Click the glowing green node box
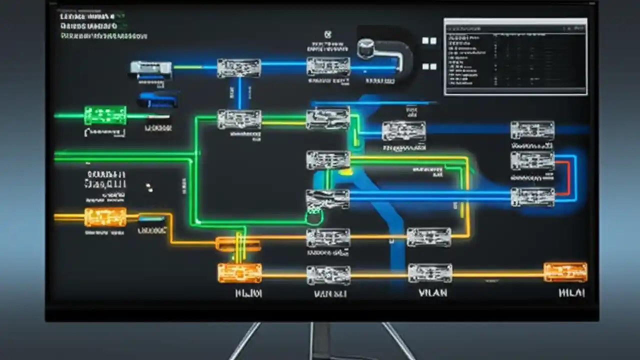tap(105, 115)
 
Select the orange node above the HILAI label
tap(565, 272)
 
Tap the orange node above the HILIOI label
tap(240, 273)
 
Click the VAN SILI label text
tap(330, 294)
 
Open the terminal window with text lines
tap(515, 56)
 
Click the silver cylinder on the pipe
tap(366, 48)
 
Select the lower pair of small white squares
tap(429, 66)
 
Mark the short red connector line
tap(564, 177)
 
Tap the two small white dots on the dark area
tap(148, 187)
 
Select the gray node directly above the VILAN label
tap(430, 273)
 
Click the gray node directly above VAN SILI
tap(328, 274)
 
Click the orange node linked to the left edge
tap(105, 217)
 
